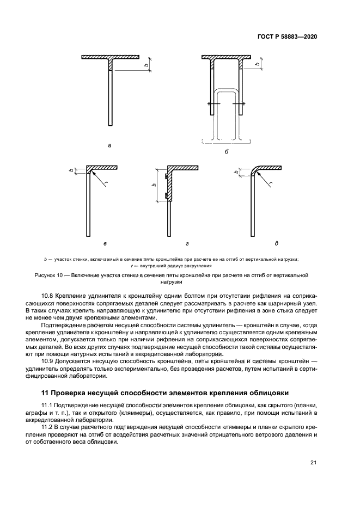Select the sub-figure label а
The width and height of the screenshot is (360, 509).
coord(110,145)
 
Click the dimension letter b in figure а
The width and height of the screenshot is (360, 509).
coord(145,65)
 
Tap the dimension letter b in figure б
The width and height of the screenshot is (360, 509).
coord(258,65)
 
